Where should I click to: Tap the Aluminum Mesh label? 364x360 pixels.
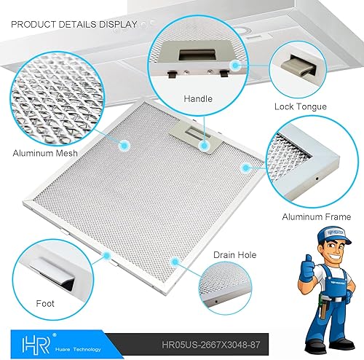tap(45, 154)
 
